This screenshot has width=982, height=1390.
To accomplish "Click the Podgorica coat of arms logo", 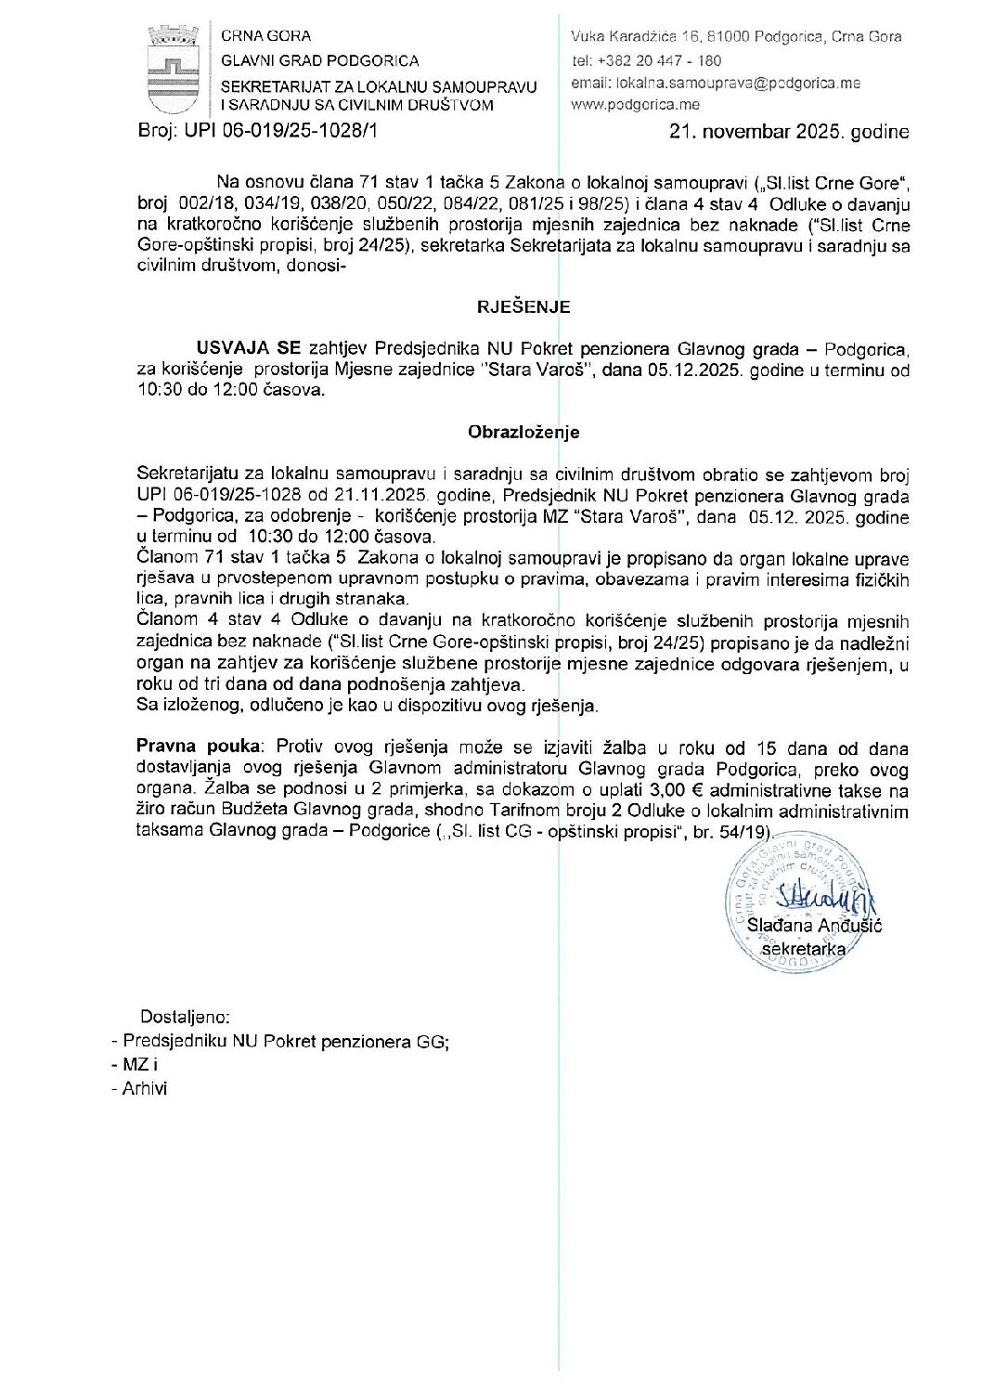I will coord(173,70).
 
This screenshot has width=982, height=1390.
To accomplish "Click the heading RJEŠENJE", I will coord(523,307).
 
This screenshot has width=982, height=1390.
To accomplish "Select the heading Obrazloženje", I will coord(523,432).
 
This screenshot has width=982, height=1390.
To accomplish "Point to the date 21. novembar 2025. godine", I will coord(789,132).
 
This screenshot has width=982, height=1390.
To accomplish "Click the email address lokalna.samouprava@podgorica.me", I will coord(739,83).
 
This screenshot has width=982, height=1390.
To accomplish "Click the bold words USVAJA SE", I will coord(248,349).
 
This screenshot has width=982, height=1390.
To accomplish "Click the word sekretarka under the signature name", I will coord(803,949).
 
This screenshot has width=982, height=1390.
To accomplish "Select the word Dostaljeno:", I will coord(185,1017).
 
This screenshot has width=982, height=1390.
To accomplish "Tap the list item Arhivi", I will coord(145,1088).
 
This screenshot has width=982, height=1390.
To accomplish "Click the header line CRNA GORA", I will coord(265,36).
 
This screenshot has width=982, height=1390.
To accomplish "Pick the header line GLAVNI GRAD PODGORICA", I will coord(319,60).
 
